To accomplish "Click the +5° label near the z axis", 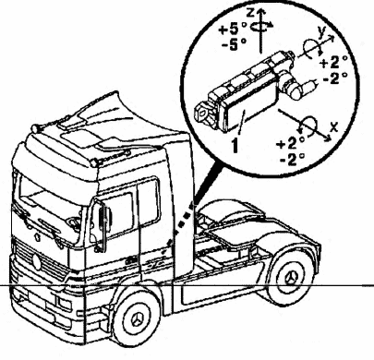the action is [233, 30].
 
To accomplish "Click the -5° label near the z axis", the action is [234, 45].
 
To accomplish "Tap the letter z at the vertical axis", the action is [251, 13].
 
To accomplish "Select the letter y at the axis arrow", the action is [321, 32].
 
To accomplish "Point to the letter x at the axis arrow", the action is [334, 126].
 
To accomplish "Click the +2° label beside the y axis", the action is [333, 63].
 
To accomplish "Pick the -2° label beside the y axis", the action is [335, 78].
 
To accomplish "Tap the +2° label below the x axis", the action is [291, 143].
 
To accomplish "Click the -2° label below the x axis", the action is [292, 159].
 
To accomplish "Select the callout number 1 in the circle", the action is [235, 145].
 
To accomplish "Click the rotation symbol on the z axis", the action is [261, 27].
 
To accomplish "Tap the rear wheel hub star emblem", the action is [292, 278].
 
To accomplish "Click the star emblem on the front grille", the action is [37, 261].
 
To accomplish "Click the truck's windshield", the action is [49, 210].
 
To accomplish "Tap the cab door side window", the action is [119, 214].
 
